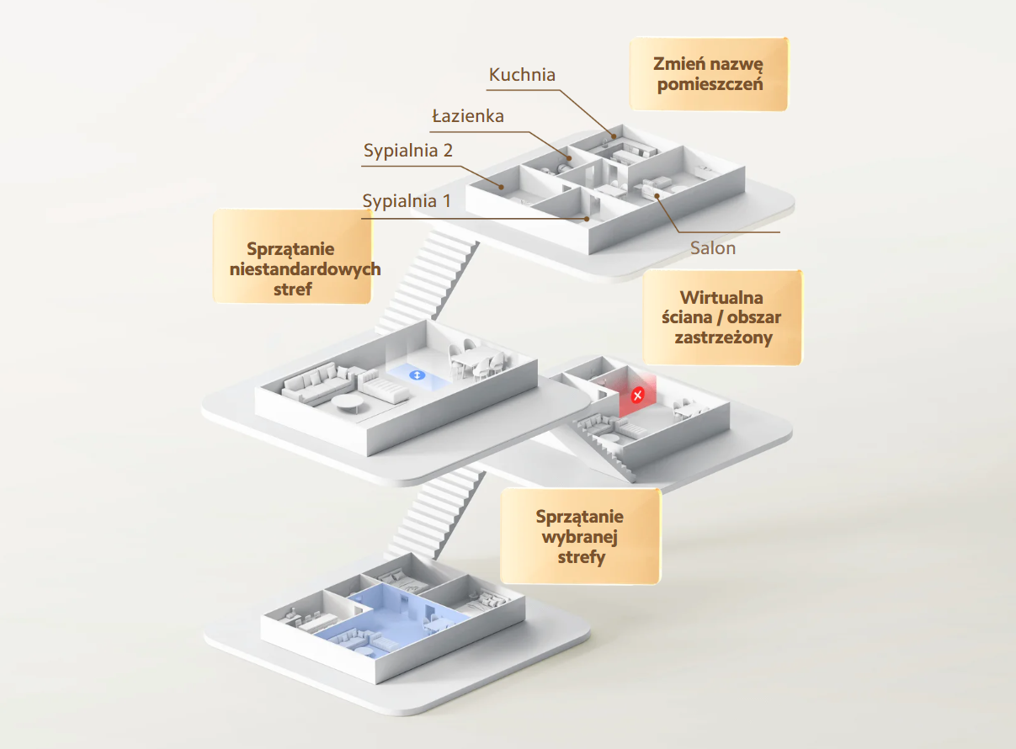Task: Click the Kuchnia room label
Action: [x=522, y=75]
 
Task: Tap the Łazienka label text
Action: [x=468, y=116]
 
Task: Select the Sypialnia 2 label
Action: [x=408, y=151]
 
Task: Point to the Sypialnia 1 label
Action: [x=407, y=201]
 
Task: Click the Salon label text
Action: [x=713, y=248]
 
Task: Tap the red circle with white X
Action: [x=637, y=396]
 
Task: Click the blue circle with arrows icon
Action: [x=418, y=375]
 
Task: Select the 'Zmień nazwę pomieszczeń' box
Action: [x=709, y=74]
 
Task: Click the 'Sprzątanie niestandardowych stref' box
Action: [x=293, y=256]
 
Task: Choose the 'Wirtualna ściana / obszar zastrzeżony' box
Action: [x=722, y=317]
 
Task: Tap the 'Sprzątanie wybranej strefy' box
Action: [x=580, y=536]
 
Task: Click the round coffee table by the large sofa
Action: [x=347, y=402]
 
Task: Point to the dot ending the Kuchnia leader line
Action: [x=614, y=136]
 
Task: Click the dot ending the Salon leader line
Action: [x=657, y=196]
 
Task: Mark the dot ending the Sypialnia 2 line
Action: [x=501, y=187]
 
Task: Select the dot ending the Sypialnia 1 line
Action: [x=587, y=219]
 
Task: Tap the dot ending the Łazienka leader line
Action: [x=569, y=158]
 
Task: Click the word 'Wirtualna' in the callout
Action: [x=721, y=298]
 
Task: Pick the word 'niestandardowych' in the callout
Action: [x=306, y=268]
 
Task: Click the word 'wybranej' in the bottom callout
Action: [x=580, y=537]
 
